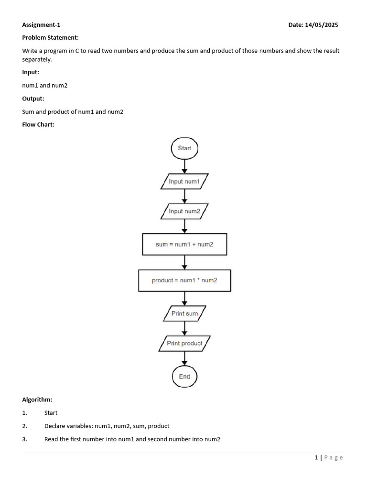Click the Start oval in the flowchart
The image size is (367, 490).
click(x=184, y=148)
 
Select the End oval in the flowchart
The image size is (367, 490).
click(x=184, y=377)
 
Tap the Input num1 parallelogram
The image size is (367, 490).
click(x=184, y=182)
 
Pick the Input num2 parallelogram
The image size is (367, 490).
click(x=184, y=211)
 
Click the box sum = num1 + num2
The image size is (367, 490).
click(x=184, y=245)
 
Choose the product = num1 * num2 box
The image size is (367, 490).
click(x=184, y=280)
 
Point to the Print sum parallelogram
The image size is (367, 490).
click(x=184, y=314)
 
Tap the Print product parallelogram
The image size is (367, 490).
click(x=184, y=344)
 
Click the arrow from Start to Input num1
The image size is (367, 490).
click(x=184, y=166)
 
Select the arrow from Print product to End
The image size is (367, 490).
click(x=184, y=359)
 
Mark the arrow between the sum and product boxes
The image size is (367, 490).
click(x=184, y=263)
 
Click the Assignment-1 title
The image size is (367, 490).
click(x=41, y=25)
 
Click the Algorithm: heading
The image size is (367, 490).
click(x=37, y=399)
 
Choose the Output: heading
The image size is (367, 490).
click(x=33, y=99)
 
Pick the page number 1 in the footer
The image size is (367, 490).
click(x=316, y=457)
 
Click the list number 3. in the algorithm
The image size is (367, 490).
click(x=25, y=439)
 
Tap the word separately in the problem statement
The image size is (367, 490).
click(x=36, y=60)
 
